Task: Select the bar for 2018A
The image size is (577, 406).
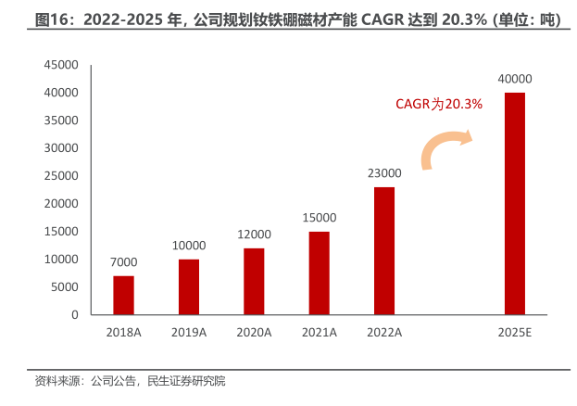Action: [x=123, y=295]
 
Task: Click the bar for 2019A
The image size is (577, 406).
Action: [x=189, y=286]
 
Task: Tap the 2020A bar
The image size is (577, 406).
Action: [x=254, y=281]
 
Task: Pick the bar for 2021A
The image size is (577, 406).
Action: [x=319, y=273]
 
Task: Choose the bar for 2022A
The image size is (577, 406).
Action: [x=383, y=250]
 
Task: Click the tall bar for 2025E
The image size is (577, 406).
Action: [x=514, y=204]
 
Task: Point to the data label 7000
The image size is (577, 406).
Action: [x=124, y=262]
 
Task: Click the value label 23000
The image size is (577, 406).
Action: [x=383, y=173]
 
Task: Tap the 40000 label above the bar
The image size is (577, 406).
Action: [x=515, y=80]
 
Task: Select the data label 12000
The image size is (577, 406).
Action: [x=254, y=235]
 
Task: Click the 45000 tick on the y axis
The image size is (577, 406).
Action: [x=61, y=65]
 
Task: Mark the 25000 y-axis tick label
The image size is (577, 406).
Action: [x=61, y=176]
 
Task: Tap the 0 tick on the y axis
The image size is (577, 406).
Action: [x=74, y=315]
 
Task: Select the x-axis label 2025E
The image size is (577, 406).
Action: [x=515, y=331]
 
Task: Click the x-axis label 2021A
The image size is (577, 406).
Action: [x=319, y=331]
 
